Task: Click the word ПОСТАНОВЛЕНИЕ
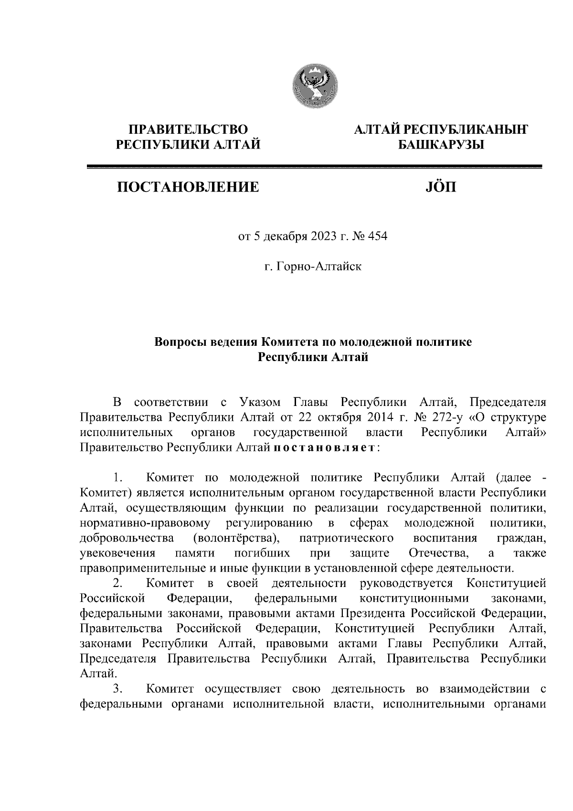click(x=188, y=187)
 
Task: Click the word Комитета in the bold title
click(x=290, y=342)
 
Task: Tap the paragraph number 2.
click(x=118, y=583)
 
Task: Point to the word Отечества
click(x=439, y=553)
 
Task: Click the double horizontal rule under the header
click(x=314, y=166)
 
